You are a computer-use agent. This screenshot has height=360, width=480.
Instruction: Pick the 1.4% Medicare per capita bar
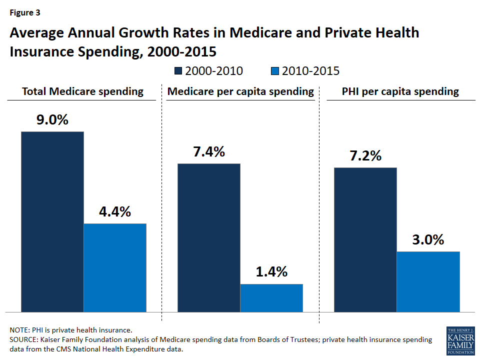click(x=271, y=297)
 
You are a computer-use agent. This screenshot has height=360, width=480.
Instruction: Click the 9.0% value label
click(x=52, y=120)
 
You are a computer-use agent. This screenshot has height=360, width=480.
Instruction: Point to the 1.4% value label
click(x=271, y=272)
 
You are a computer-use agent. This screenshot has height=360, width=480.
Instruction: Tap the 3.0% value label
click(x=428, y=239)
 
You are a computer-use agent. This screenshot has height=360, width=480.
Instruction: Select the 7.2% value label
click(x=365, y=155)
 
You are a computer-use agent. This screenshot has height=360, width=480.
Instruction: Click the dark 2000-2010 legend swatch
click(x=178, y=71)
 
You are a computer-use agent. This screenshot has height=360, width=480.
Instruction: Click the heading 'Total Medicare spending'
click(x=82, y=91)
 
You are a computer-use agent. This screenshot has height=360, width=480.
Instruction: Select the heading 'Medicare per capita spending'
click(x=240, y=91)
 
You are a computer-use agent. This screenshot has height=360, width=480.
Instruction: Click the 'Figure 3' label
click(x=25, y=13)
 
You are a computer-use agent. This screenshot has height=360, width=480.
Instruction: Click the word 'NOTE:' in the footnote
click(x=20, y=330)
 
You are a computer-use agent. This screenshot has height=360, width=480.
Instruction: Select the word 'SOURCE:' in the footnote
click(x=23, y=339)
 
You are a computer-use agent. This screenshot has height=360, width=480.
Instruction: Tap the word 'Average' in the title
click(x=37, y=33)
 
